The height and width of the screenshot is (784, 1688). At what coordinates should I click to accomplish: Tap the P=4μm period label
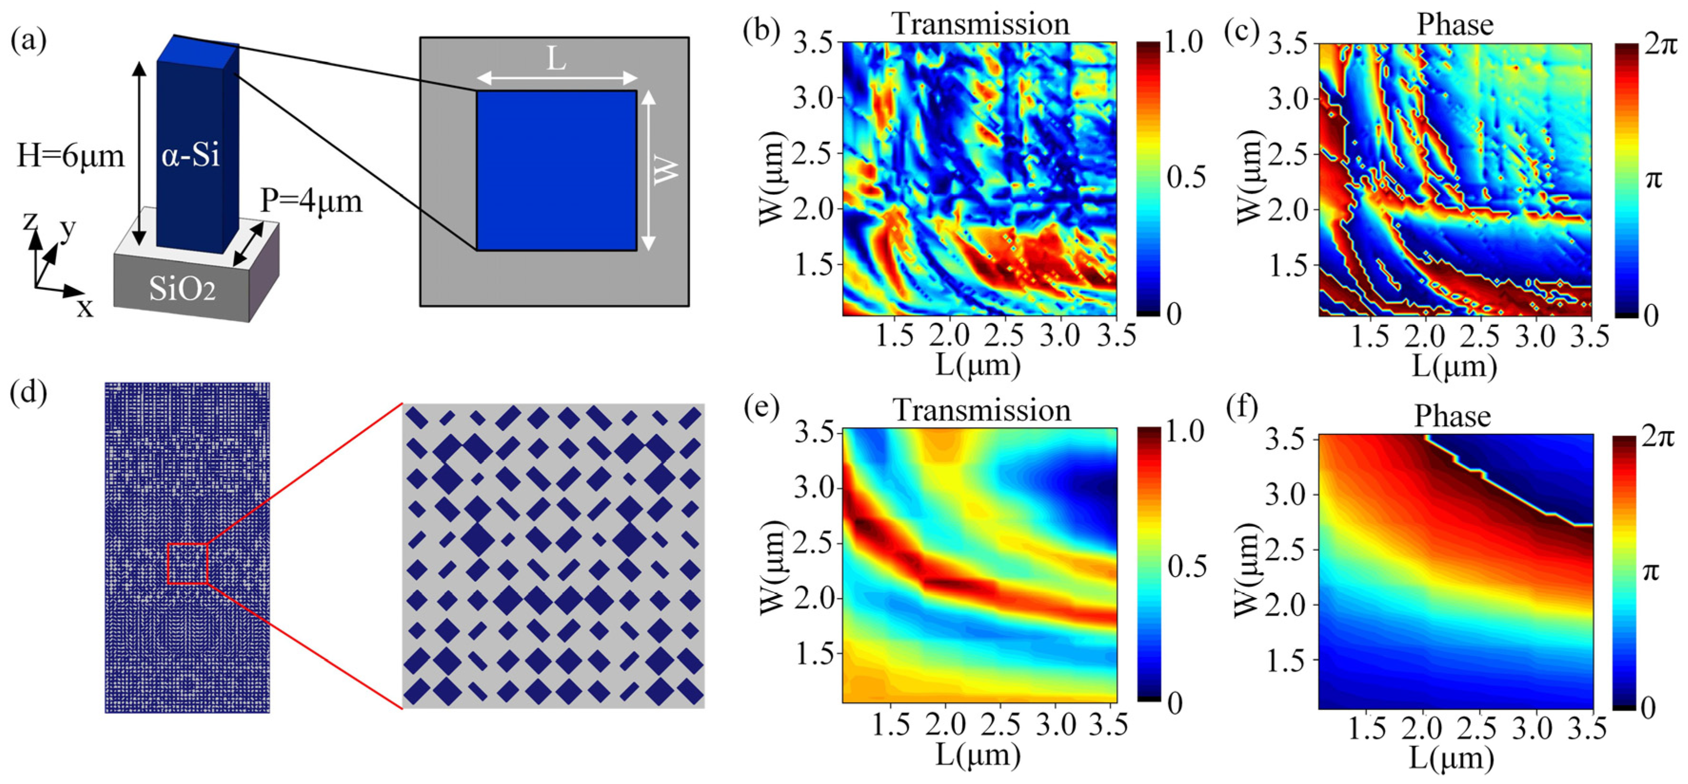[x=311, y=201]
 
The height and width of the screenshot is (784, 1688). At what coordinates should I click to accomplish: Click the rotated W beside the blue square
[x=667, y=170]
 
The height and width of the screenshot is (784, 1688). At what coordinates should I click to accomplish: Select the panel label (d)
[x=28, y=395]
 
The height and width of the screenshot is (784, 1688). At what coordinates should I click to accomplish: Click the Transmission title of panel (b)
[x=980, y=24]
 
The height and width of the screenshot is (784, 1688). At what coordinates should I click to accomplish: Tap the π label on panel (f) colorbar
[x=1653, y=572]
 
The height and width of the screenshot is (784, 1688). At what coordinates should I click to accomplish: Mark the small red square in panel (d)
[x=188, y=563]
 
